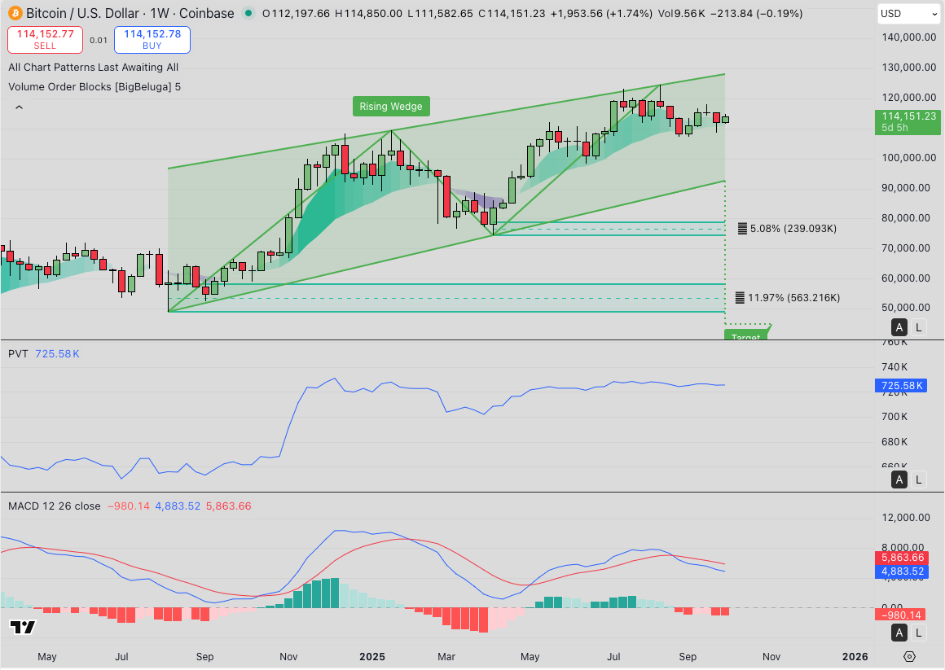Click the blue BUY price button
tap(152, 39)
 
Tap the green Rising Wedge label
tap(391, 107)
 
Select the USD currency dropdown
tap(908, 14)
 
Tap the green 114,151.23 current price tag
tap(908, 121)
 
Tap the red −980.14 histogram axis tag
tap(903, 615)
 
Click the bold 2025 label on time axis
tap(372, 656)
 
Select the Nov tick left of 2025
tap(288, 656)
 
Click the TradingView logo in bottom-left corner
tap(23, 627)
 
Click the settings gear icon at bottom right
tap(910, 656)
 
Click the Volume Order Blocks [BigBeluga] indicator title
tap(94, 86)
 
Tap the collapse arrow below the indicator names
tap(19, 107)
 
